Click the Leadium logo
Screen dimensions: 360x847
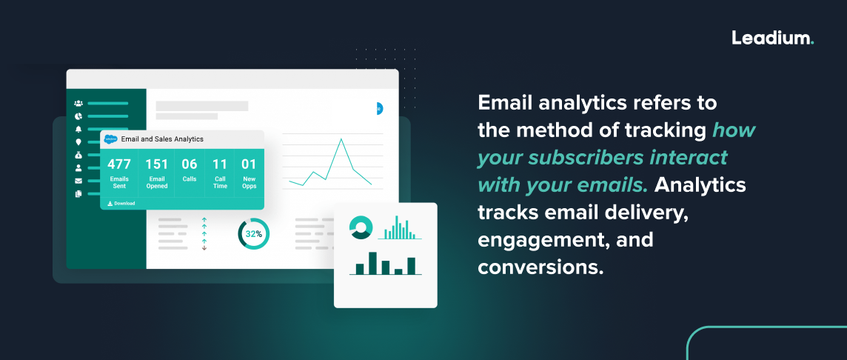772,38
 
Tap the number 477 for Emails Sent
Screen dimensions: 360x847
118,164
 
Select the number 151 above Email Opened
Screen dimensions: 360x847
156,164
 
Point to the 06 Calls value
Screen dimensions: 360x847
190,164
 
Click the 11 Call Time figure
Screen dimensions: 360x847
220,164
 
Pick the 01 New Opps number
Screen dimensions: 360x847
249,164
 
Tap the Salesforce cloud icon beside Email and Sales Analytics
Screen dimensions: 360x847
111,139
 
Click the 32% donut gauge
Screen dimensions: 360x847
253,234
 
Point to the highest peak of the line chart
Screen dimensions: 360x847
341,139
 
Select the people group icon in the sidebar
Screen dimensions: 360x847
78,104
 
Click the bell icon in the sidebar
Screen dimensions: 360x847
78,129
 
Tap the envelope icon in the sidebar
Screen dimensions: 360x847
78,181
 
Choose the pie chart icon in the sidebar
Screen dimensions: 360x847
78,116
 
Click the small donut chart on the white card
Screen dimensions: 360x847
360,228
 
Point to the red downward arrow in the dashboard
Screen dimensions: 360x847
204,248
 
